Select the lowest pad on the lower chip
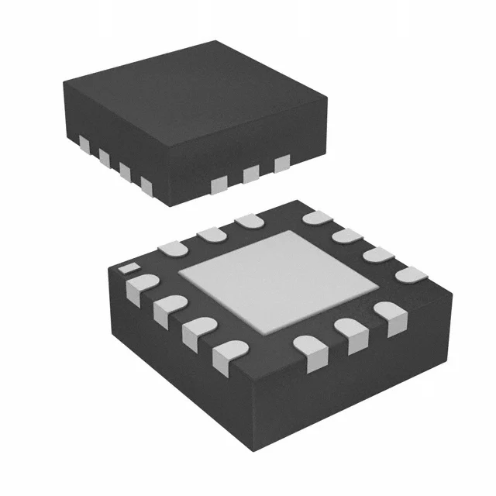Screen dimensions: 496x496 tap(225, 353)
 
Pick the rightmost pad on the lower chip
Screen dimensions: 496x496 tap(410, 275)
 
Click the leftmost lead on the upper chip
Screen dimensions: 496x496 tap(83, 143)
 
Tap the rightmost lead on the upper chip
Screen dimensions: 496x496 tap(281, 162)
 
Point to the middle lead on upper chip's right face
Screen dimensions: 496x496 tap(250, 174)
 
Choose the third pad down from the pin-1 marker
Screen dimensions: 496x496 tap(197, 330)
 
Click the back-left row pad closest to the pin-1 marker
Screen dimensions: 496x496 tap(172, 248)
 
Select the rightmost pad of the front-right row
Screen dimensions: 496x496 tap(389, 317)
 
